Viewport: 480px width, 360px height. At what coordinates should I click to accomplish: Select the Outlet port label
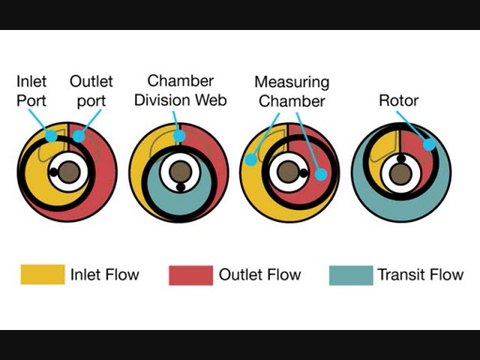click(91, 90)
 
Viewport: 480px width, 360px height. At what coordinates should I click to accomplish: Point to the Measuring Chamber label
click(291, 91)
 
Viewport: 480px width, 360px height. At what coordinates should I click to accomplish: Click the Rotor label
click(397, 101)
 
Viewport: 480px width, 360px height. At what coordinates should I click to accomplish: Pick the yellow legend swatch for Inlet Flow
click(40, 274)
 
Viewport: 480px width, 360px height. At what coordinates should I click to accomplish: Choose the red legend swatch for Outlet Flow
click(190, 274)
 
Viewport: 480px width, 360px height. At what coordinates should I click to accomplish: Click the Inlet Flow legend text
click(105, 274)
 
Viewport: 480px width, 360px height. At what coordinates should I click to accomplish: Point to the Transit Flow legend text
click(420, 274)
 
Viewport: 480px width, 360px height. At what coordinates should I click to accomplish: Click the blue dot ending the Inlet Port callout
click(51, 133)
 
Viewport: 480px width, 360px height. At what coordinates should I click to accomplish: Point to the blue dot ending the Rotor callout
click(428, 145)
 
